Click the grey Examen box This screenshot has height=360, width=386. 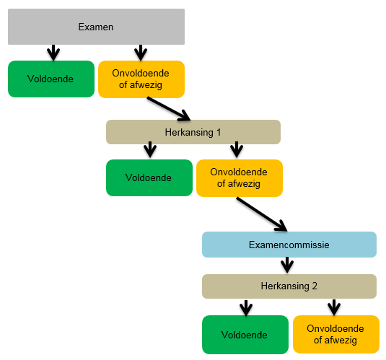(96, 27)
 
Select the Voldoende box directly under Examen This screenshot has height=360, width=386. (51, 79)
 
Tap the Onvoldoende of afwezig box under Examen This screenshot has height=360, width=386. (141, 79)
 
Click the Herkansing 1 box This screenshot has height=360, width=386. (193, 132)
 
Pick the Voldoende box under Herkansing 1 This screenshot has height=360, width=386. (149, 177)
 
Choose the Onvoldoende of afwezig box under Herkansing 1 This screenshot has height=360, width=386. (240, 178)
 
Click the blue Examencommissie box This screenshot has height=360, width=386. (289, 245)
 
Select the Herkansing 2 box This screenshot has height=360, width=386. (289, 286)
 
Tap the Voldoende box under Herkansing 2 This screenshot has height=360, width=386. (245, 335)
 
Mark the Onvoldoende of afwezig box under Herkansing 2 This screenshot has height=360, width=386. (336, 335)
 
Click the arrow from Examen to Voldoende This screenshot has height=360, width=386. (53, 53)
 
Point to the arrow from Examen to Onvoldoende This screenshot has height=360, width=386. (141, 53)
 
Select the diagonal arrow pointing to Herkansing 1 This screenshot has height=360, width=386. (169, 109)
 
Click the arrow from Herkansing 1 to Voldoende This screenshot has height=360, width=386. (150, 149)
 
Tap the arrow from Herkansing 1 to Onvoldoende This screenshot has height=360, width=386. (237, 149)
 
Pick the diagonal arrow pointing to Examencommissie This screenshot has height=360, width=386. (262, 214)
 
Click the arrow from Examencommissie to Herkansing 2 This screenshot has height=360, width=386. (287, 265)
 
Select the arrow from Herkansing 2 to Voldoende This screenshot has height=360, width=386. (246, 308)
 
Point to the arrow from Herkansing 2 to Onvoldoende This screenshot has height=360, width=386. (334, 307)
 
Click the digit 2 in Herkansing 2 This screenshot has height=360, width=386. (315, 286)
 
